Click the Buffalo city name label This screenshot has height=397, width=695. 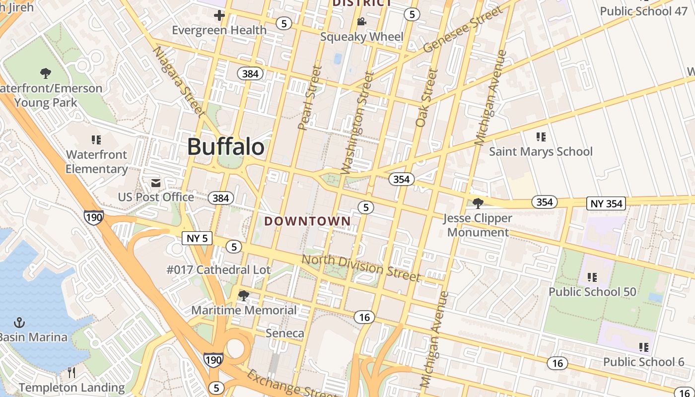226,147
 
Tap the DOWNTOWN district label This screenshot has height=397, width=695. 307,221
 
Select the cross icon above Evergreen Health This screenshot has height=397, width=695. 219,16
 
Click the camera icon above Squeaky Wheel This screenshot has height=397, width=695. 361,22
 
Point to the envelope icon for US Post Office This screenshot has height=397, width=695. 156,183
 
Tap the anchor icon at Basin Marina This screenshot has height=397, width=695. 19,323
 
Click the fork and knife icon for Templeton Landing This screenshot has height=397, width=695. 71,373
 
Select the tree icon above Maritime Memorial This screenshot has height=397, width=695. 243,296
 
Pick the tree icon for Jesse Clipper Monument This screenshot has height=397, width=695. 478,203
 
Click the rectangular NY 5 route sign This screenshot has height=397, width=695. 197,238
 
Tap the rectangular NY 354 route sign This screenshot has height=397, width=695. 606,203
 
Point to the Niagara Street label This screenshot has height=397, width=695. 179,82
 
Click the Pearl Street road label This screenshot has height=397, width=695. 310,98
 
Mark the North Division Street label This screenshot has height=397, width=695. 361,267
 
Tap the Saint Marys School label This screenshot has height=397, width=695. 541,151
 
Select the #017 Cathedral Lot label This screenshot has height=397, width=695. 218,270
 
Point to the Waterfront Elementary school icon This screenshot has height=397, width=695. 96,140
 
